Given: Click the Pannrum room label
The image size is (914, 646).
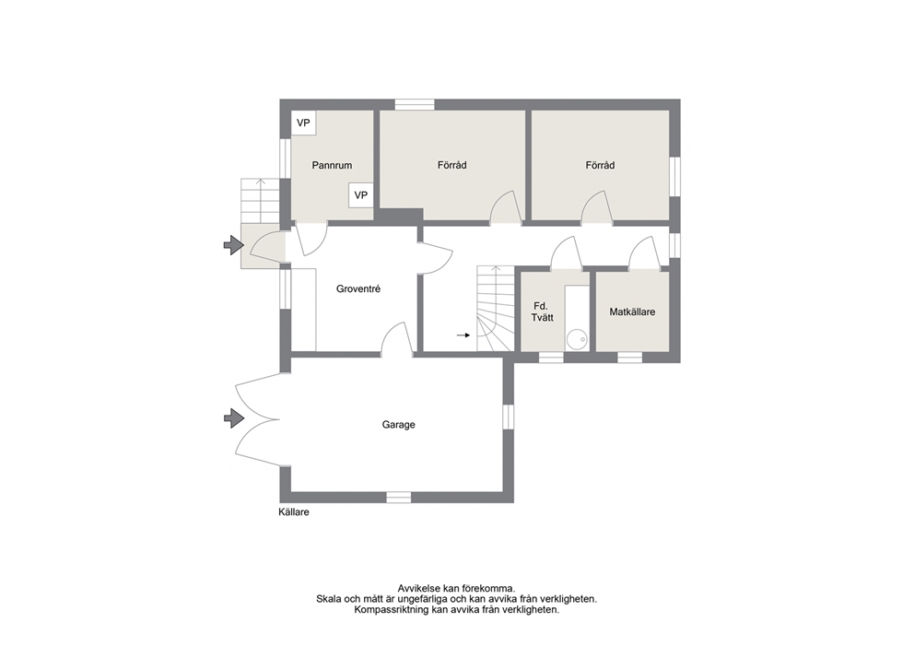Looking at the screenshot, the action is pos(332,165).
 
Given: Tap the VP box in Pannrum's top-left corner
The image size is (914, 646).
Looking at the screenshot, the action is pos(303,123).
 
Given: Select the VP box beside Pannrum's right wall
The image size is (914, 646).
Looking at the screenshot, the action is pos(361,195).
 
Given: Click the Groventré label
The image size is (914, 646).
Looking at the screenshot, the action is pos(357,288).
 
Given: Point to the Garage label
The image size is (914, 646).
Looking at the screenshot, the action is pos(399,425).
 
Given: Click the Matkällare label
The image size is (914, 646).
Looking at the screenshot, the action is pos(632,311).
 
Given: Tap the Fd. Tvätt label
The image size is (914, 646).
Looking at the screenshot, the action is pos(542,311).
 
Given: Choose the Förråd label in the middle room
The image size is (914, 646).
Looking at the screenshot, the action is pos(451,165).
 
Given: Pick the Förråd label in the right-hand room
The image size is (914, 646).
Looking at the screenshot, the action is pos(600,165).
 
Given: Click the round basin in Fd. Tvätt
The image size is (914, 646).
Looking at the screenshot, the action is pos(577,339).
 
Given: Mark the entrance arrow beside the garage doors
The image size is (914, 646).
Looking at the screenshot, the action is pos(234,417).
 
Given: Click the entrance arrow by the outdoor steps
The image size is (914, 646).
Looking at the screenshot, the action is pos(234,245).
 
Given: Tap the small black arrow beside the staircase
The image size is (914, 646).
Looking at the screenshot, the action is pos(463,335).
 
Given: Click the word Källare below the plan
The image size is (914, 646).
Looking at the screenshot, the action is pos(294,512).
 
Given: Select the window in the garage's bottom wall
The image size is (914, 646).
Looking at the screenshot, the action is pos(399,497).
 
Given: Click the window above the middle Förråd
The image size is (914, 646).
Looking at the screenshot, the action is pos(415,105).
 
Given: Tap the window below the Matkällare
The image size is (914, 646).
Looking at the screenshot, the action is pos(629,358).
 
